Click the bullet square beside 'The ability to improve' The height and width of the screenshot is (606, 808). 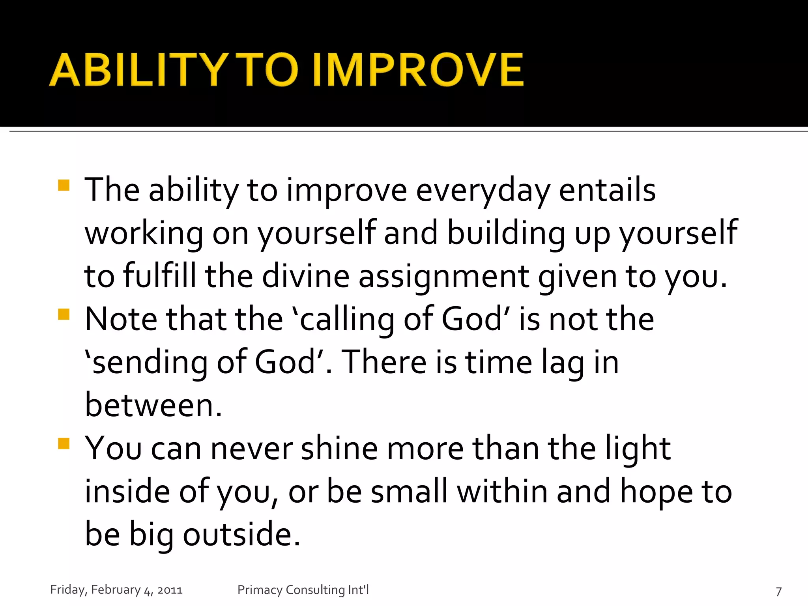pyautogui.click(x=64, y=185)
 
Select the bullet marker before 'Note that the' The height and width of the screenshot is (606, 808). pyautogui.click(x=64, y=314)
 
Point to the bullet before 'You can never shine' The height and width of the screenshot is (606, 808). pyautogui.click(x=64, y=443)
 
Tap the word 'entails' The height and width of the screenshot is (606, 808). pyautogui.click(x=607, y=191)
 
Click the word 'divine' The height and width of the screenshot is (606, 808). pyautogui.click(x=305, y=276)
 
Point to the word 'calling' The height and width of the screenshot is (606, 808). pyautogui.click(x=347, y=320)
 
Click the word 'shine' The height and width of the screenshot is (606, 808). pyautogui.click(x=339, y=449)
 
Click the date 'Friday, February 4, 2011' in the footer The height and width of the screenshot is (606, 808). pyautogui.click(x=116, y=590)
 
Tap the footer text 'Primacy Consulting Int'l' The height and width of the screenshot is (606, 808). pyautogui.click(x=303, y=590)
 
